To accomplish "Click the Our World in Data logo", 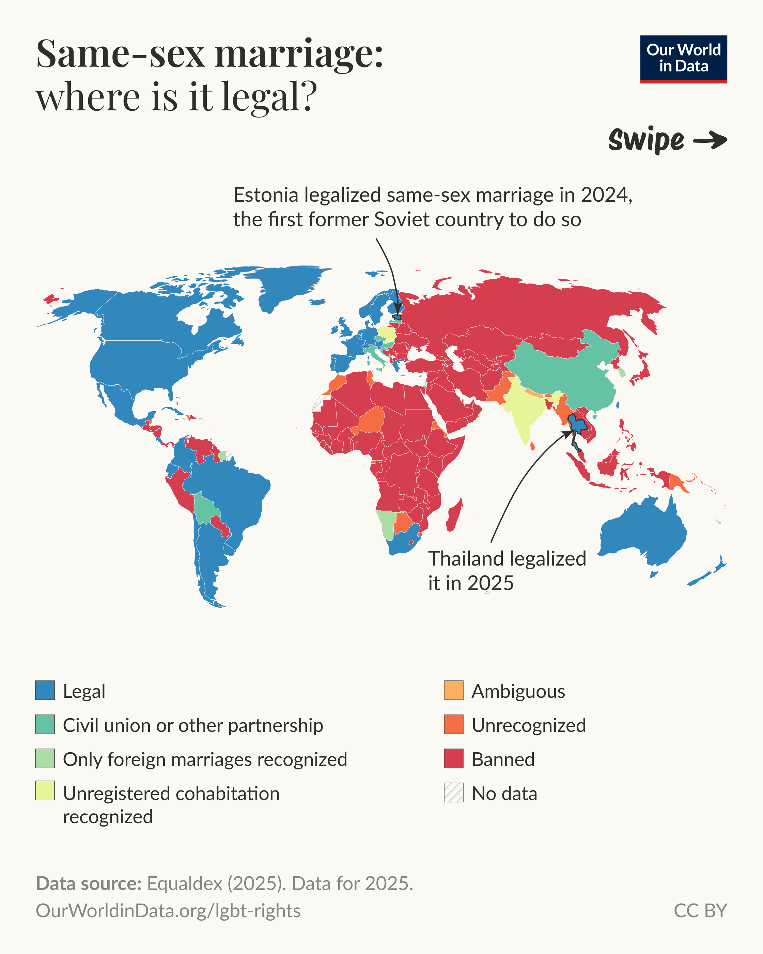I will point(683,59).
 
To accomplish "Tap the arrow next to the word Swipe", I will point(710,141).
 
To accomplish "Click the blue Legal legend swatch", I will point(45,690).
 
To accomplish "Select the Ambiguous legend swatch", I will point(453,690).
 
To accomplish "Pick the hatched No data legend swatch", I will point(453,793).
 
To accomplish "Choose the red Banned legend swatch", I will point(453,758).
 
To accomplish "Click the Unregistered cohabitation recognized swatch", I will point(45,791).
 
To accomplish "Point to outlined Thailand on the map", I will point(578,425).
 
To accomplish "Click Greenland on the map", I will point(287,283).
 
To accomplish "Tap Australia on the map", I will point(641,531).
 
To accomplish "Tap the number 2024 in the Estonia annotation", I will point(606,195).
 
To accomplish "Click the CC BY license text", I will point(700,911).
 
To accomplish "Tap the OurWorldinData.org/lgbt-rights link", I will point(168,911).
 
